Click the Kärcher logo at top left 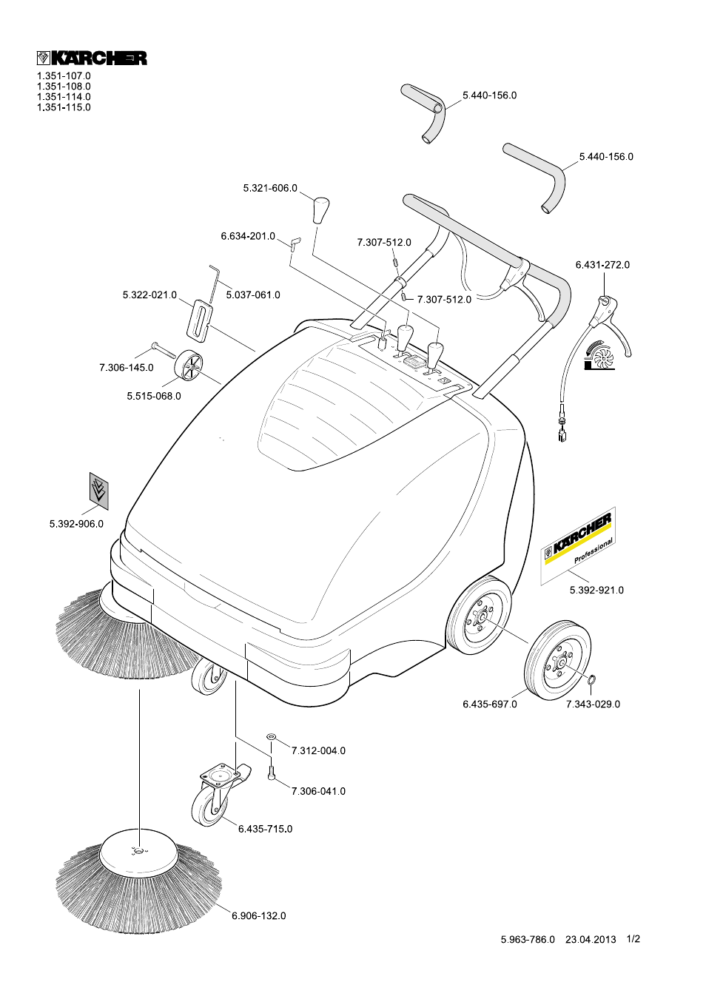92,58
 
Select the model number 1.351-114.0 64,97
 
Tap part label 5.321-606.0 269,189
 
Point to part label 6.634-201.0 247,237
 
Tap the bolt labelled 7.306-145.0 163,350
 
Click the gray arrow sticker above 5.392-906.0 98,491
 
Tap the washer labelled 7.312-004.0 271,737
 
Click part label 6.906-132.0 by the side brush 258,916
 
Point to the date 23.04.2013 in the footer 590,940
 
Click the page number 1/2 633,939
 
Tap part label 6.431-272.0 602,265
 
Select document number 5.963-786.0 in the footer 527,940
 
